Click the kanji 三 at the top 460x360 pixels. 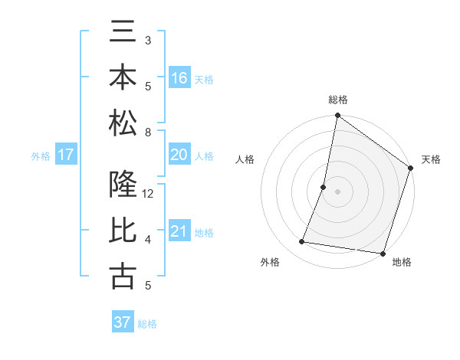[123, 35]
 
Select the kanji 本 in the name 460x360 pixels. [123, 78]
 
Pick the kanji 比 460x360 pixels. [123, 231]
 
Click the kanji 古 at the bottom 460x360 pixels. [123, 275]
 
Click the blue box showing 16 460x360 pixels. [179, 78]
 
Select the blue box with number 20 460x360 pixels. [179, 155]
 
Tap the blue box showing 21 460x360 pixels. [179, 231]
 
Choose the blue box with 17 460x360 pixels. [66, 155]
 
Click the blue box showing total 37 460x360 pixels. [123, 322]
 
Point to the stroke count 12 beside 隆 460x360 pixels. [149, 195]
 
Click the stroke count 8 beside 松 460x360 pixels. [148, 133]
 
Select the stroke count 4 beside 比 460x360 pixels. [148, 240]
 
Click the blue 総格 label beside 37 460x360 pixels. [148, 324]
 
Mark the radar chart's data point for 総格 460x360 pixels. [337, 116]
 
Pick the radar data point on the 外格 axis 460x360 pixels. [302, 242]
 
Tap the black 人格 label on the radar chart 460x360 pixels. [245, 159]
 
